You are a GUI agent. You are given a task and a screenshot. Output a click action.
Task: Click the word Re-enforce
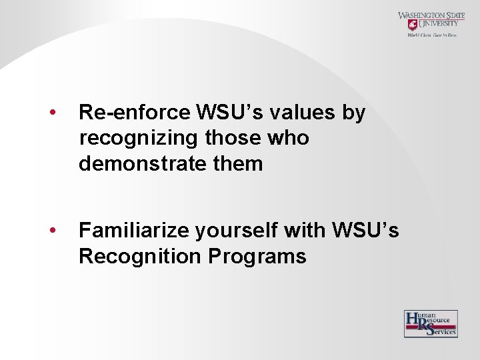click(135, 113)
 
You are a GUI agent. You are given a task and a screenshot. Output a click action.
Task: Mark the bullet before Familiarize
click(51, 230)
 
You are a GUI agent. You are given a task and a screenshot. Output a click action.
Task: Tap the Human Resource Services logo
click(431, 323)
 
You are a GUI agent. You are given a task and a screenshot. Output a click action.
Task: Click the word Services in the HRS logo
click(443, 331)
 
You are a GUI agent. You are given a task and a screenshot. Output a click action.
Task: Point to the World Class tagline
click(432, 35)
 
